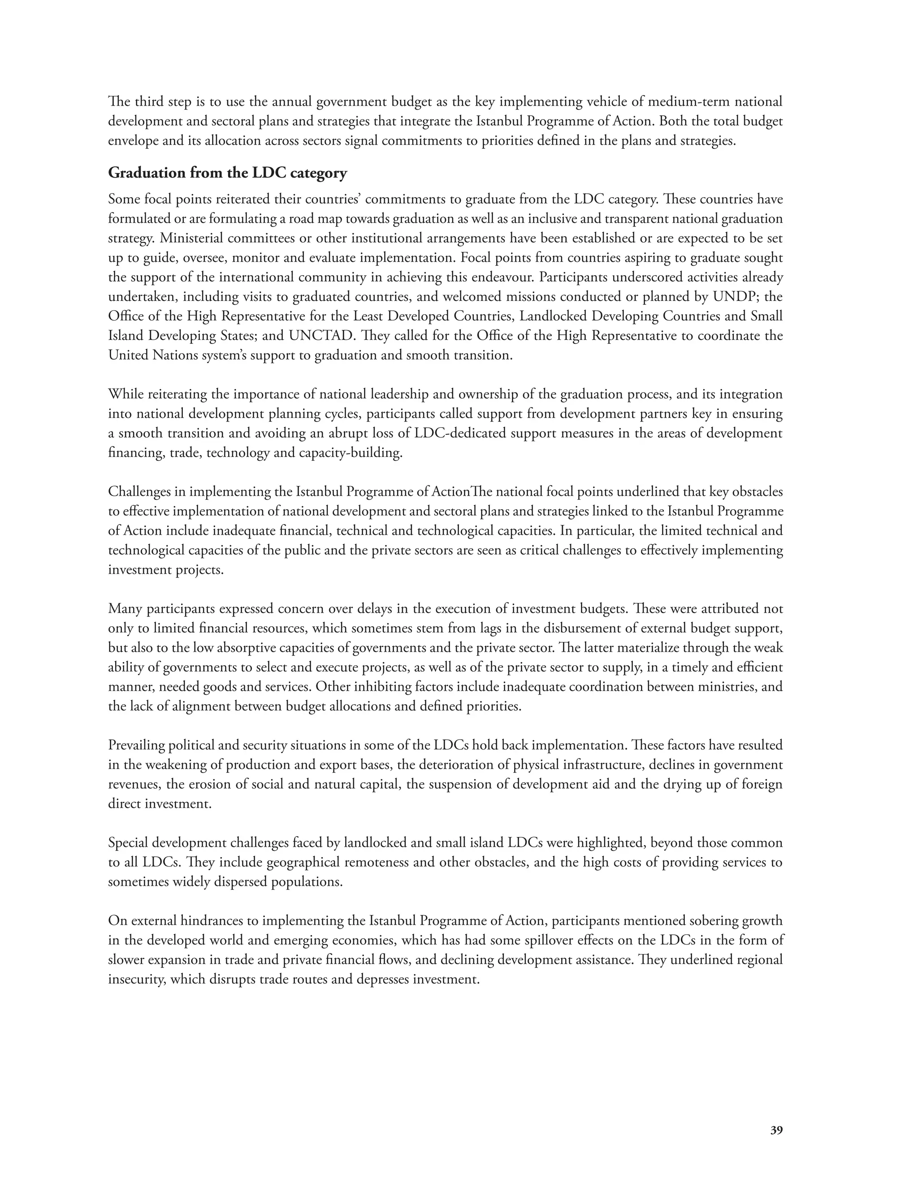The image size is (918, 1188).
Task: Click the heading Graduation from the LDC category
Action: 227,173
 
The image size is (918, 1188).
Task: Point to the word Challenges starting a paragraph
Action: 139,492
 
